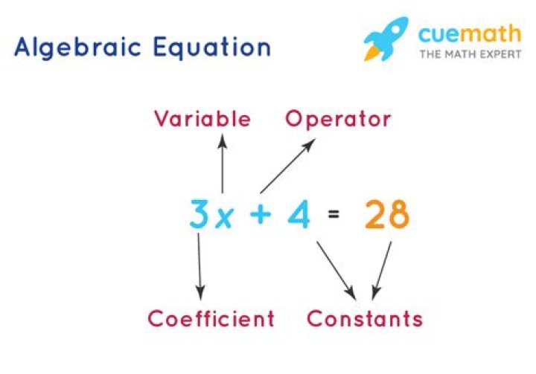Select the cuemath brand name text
(470, 33)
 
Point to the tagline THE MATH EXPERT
(469, 54)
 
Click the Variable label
(202, 119)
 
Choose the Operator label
(338, 119)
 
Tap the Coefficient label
(211, 319)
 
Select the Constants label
(365, 319)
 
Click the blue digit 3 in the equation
(200, 214)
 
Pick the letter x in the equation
(223, 217)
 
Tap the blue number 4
(298, 214)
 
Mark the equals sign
(334, 216)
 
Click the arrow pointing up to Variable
(222, 164)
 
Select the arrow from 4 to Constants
(334, 268)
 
